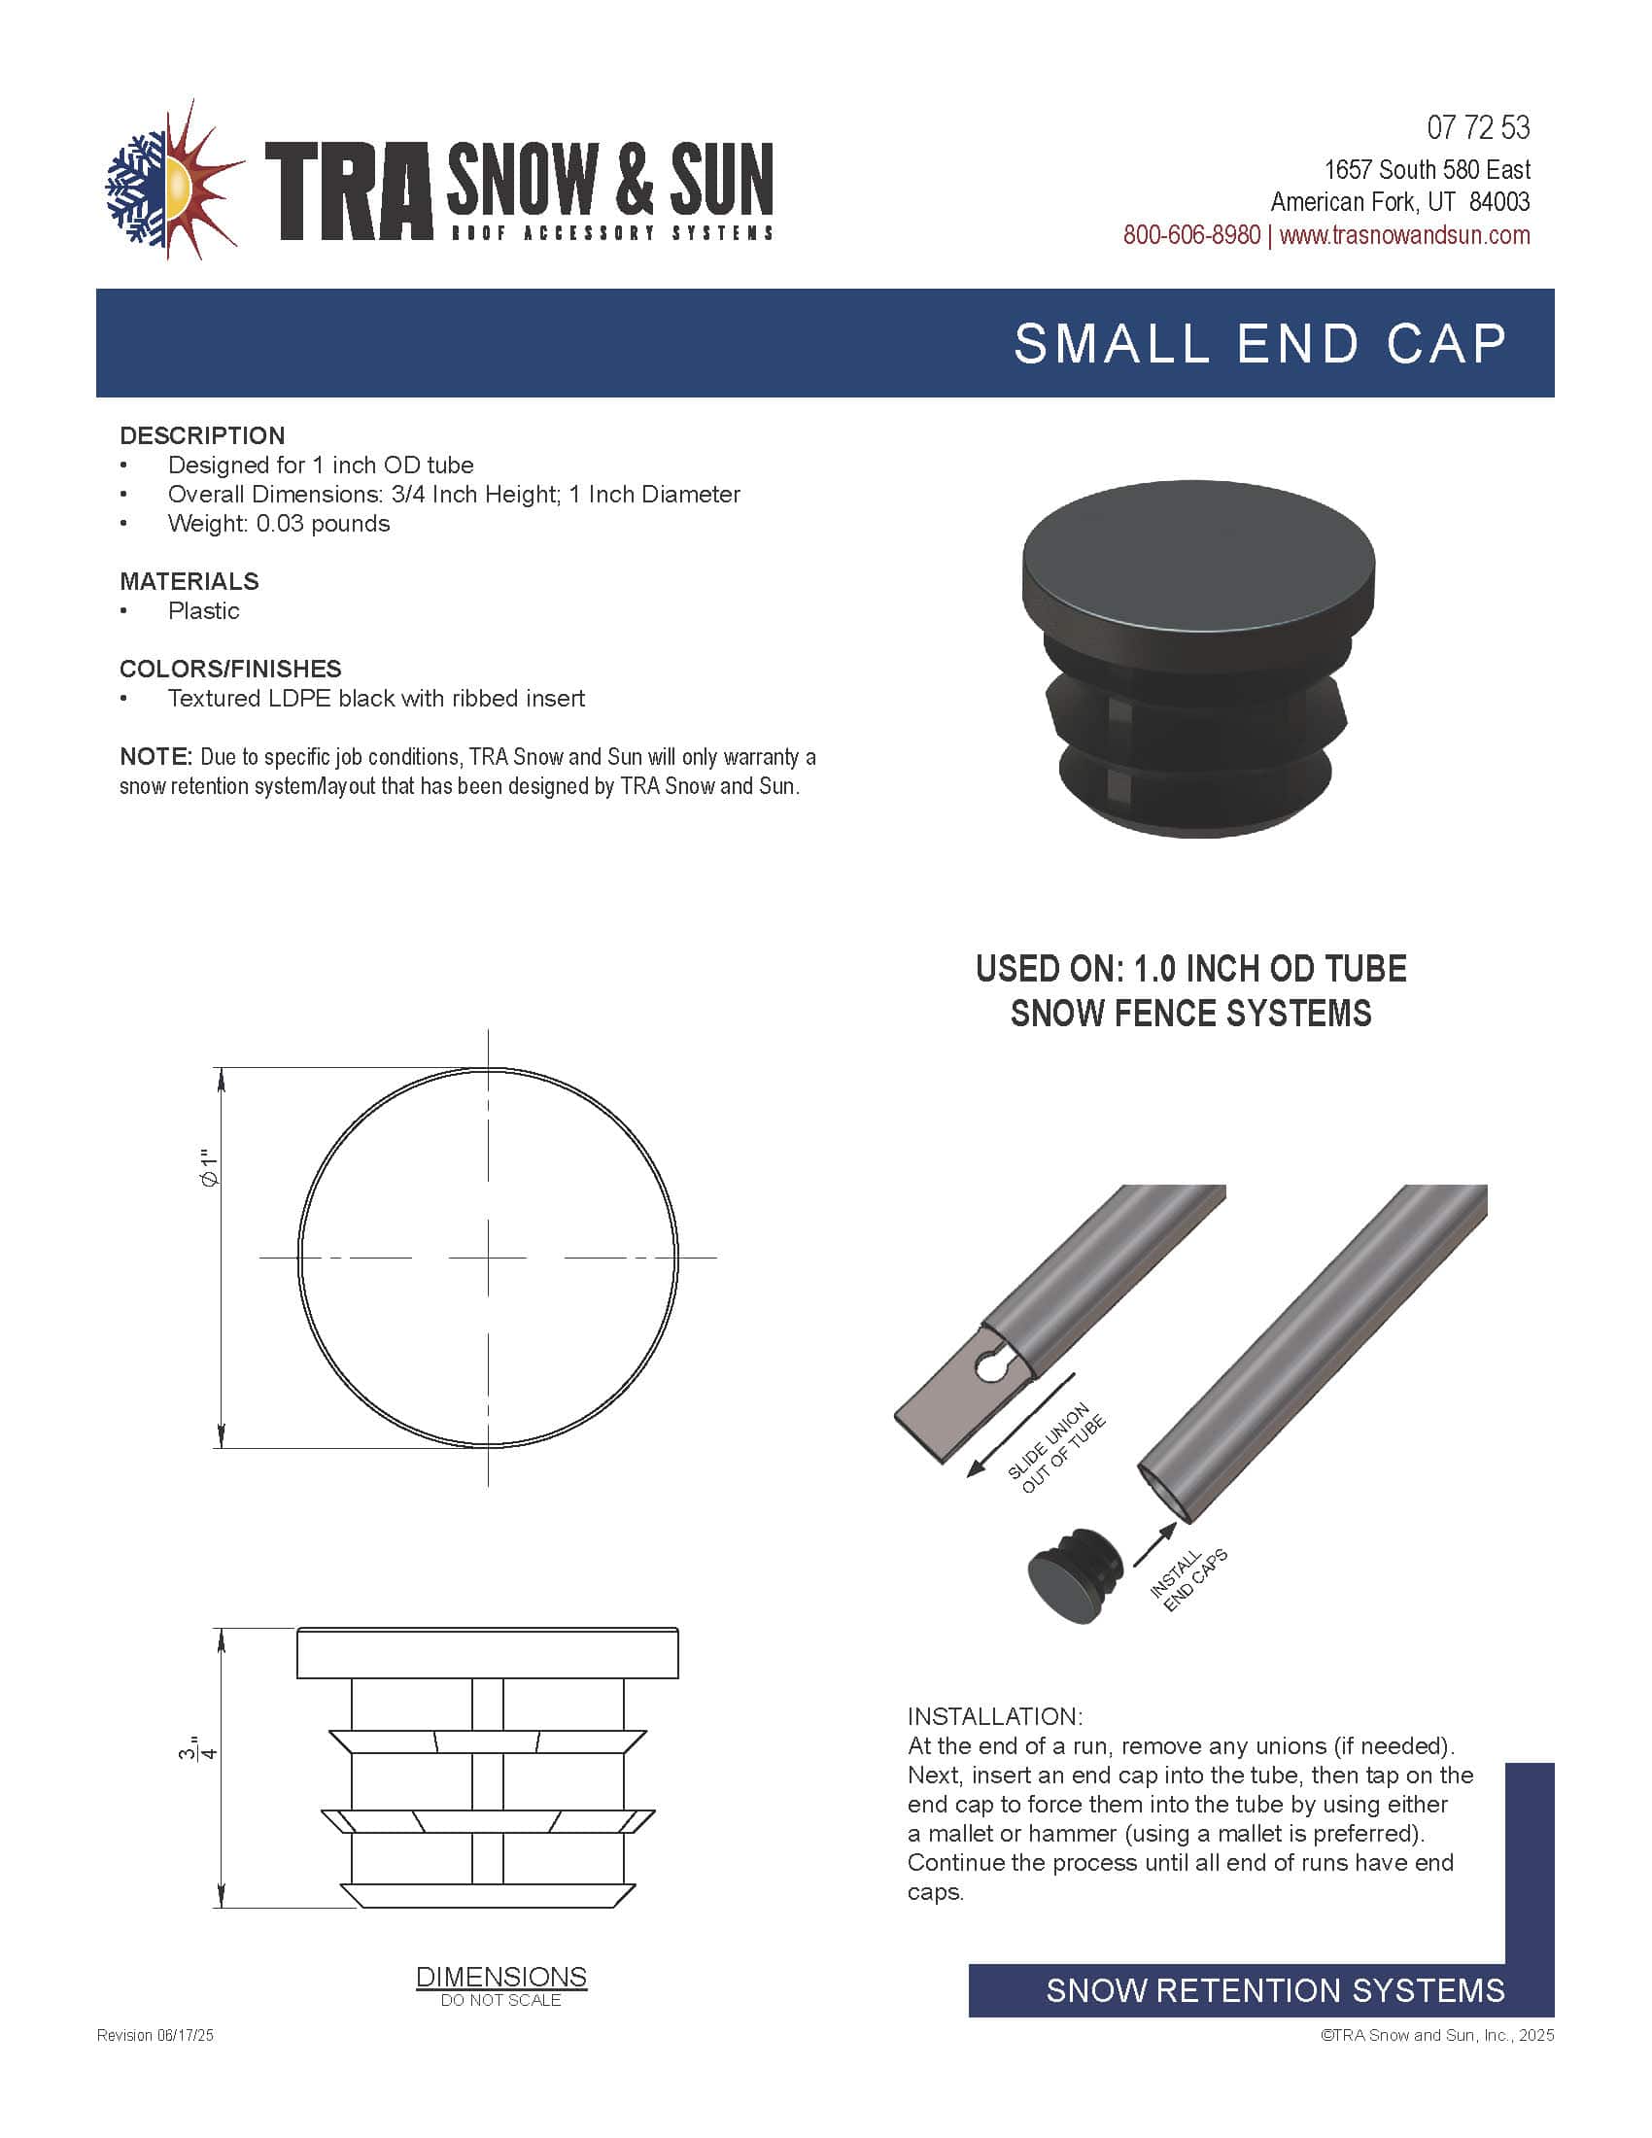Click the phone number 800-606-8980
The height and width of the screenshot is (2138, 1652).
pos(1191,236)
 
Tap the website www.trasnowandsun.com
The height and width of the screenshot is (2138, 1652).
pos(1404,236)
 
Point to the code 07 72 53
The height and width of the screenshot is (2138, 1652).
pos(1477,128)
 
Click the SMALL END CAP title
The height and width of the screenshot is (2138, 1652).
pos(1259,345)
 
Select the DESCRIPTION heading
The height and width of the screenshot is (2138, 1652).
pos(202,435)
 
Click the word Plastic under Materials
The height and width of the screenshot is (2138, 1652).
pos(203,611)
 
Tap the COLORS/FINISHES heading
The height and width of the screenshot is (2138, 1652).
pos(230,669)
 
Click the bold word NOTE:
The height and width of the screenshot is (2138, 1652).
pos(155,757)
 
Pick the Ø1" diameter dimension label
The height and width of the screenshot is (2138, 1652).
pos(209,1168)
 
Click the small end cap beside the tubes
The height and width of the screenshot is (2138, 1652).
pos(1074,1575)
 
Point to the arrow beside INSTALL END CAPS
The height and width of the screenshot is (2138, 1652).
pos(1154,1545)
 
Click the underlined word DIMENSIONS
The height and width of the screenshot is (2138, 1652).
pos(501,1977)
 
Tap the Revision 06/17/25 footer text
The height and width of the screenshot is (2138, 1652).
pos(155,2035)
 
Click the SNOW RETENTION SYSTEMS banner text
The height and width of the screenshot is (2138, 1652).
pos(1274,1990)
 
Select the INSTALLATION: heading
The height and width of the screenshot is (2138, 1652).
pos(994,1716)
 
